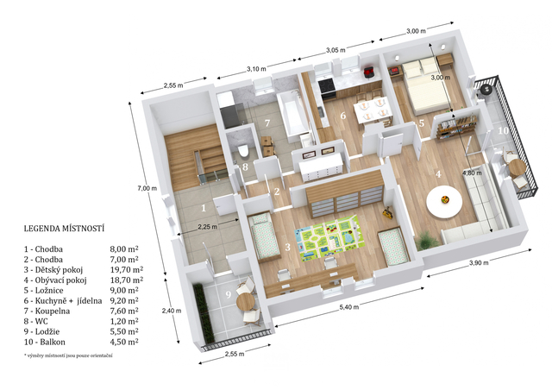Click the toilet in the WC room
tap(242, 151)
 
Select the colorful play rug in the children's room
tap(328, 238)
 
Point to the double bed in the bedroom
tap(426, 86)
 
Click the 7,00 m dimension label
tap(147, 188)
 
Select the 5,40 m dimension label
tap(348, 307)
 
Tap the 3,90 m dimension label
tap(479, 263)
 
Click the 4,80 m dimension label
tap(471, 173)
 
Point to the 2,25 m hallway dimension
tap(207, 227)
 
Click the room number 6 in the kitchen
tap(343, 116)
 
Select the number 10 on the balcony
tap(504, 130)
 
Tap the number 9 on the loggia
tap(228, 294)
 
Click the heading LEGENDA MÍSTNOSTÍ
tap(64, 229)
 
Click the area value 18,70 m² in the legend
tap(127, 280)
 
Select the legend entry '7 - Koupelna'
tap(47, 311)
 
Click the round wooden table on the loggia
tap(246, 301)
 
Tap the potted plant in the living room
tap(427, 240)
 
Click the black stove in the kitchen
tap(327, 89)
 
